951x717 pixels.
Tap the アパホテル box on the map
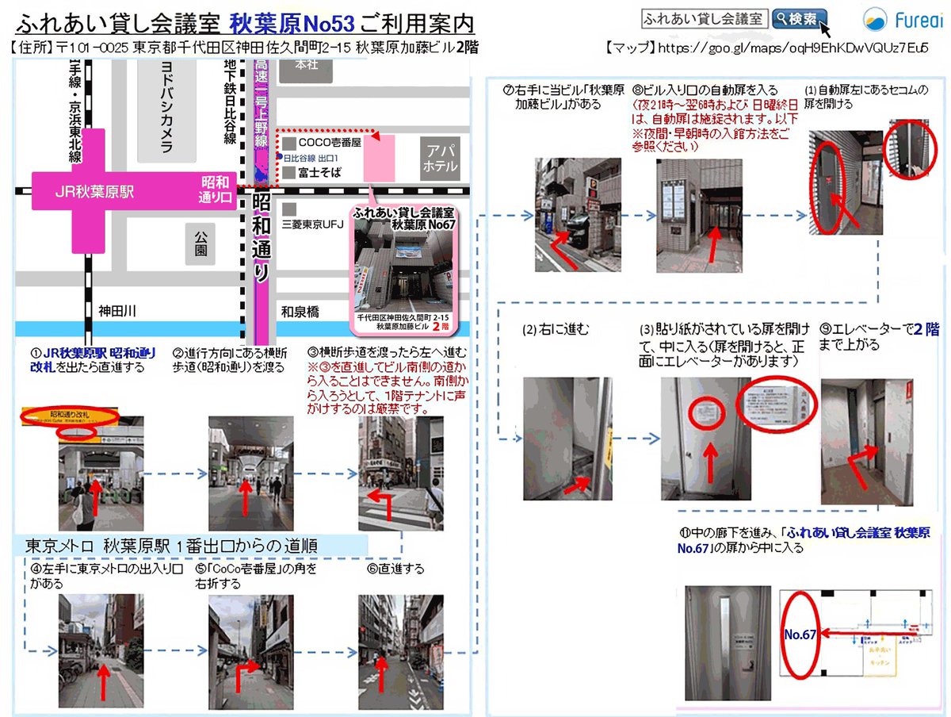point(441,159)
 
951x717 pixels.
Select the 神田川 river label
point(119,311)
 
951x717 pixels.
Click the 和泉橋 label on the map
point(301,312)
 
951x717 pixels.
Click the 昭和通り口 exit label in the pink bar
point(215,191)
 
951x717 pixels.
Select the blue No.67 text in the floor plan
point(801,635)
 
